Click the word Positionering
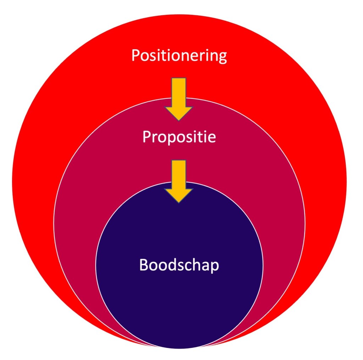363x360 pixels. pos(179,56)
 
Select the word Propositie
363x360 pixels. pos(179,137)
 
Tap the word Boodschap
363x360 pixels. pos(179,265)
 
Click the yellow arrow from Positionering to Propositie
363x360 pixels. pos(179,98)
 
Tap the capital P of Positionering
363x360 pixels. pos(135,56)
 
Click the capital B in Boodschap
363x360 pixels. pos(144,265)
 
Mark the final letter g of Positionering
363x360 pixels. pos(222,58)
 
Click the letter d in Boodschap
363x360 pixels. pos(171,265)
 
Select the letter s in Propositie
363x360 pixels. pos(188,138)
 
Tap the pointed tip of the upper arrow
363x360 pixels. pos(179,119)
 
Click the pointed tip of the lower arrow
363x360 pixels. pos(179,202)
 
